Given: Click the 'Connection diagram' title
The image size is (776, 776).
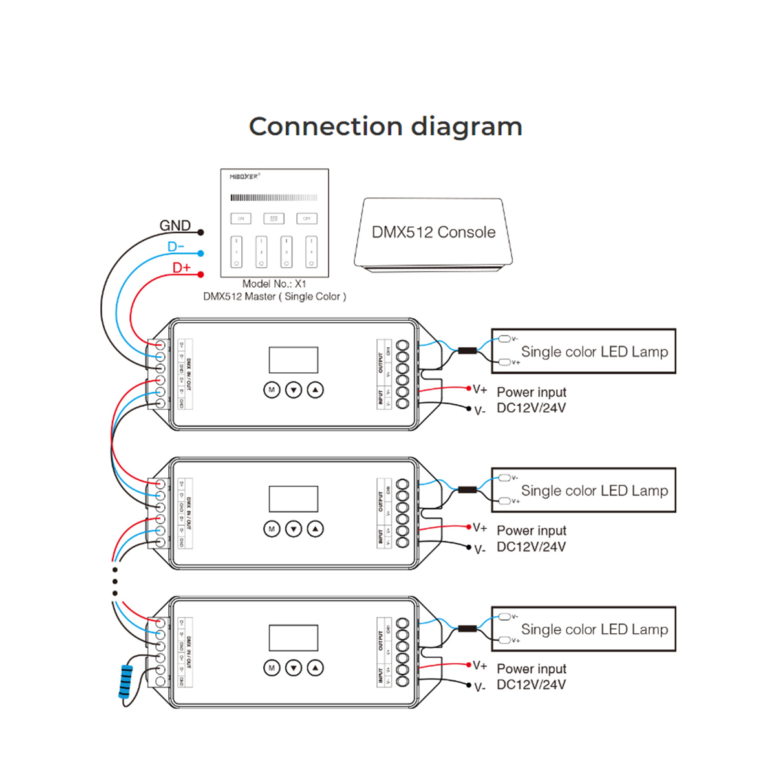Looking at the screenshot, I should tap(385, 127).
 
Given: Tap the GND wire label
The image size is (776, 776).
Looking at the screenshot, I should tap(175, 226).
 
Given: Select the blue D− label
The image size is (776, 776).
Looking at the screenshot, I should tap(176, 247).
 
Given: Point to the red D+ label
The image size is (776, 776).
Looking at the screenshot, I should tap(182, 268).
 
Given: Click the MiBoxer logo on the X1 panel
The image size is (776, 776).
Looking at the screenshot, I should tap(244, 177).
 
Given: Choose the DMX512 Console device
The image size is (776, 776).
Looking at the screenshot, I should tap(433, 233).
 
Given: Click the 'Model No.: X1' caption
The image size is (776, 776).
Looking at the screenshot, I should tap(274, 284).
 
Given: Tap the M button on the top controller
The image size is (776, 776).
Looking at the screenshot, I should tap(272, 390).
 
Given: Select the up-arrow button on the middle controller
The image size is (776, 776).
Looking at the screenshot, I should tap(315, 529).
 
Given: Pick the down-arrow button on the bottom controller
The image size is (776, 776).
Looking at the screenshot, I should tap(294, 668).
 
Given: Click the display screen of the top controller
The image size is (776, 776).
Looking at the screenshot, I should tap(294, 360).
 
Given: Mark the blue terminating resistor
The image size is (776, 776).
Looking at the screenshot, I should tap(125, 682).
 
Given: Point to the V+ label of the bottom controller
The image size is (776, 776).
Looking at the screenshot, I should tap(480, 665).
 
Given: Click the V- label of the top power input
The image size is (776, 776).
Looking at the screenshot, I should tap(480, 411).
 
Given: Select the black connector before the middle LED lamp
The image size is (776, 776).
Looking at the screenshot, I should tap(467, 490).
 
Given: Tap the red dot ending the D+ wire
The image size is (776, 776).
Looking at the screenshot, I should tap(200, 275).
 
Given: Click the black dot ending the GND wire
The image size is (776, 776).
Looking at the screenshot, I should tap(200, 232).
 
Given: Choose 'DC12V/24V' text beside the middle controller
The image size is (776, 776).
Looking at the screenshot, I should tap(531, 547).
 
